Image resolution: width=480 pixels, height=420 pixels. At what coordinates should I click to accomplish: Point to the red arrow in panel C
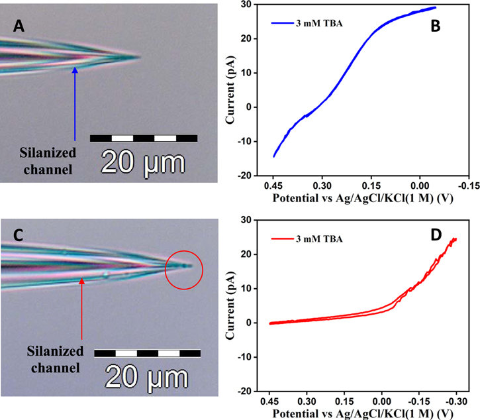(x=81, y=311)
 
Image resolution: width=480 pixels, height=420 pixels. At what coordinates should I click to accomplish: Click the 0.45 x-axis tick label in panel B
(x=273, y=187)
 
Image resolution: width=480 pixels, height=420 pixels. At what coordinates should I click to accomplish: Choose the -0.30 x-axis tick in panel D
(x=456, y=401)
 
